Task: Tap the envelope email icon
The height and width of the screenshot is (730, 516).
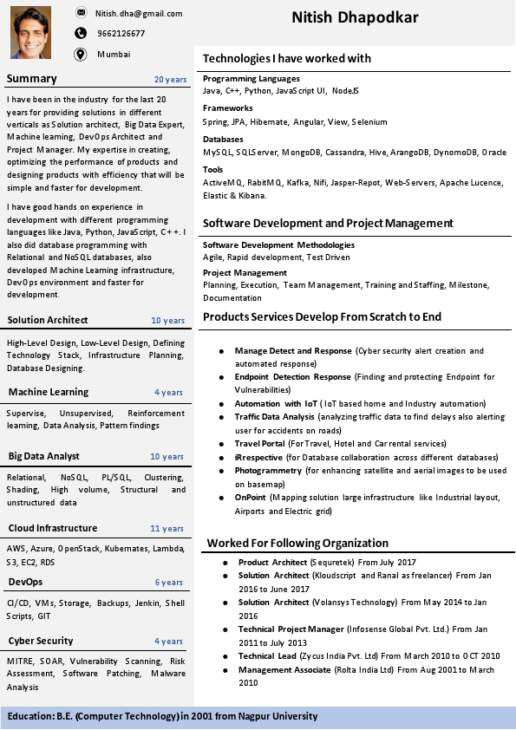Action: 81,13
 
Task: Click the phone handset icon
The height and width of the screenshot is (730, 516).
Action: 81,34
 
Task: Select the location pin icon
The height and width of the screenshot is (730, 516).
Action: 81,55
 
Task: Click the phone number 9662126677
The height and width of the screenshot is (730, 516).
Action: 121,34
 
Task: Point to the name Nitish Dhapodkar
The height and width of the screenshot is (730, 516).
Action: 355,18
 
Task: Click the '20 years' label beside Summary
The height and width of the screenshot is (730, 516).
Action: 170,80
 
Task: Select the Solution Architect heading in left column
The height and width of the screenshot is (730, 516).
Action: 48,320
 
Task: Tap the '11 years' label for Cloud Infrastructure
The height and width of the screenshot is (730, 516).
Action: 167,529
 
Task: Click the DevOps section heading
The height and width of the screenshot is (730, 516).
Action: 25,582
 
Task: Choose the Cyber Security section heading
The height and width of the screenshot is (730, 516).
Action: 41,641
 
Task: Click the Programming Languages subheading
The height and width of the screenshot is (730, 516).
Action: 251,78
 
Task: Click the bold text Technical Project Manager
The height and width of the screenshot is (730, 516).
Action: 291,629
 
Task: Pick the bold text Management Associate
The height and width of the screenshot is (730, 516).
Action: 285,670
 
